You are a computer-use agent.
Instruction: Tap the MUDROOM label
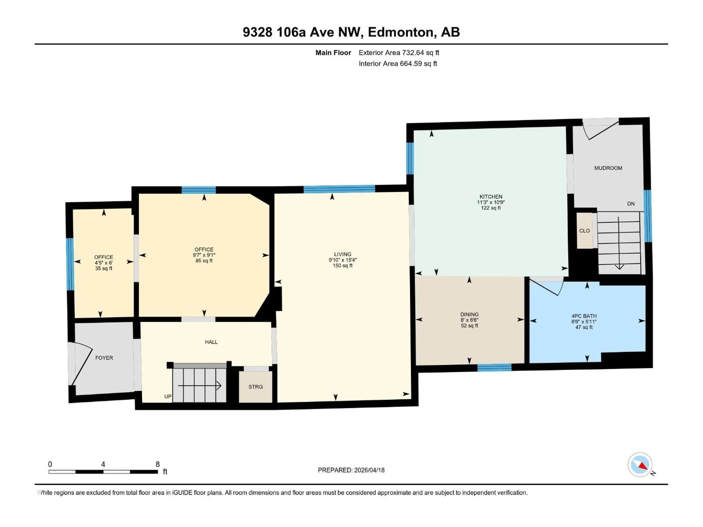point(608,168)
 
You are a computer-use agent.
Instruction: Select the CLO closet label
point(584,231)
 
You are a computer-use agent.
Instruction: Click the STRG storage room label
point(256,387)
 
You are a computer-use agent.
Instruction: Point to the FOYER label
point(104,358)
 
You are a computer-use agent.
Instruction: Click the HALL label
point(211,342)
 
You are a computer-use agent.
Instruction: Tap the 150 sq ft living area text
point(342,266)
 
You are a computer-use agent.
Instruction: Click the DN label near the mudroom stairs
point(631,204)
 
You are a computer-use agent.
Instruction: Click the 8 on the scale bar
point(158,464)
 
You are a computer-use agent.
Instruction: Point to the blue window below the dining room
point(494,368)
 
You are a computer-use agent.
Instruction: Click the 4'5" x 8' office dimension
point(104,263)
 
